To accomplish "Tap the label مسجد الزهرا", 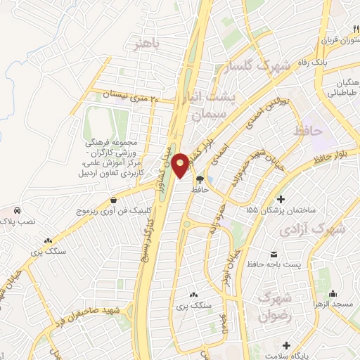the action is [x=336, y=303].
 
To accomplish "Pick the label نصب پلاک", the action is [x=16, y=220].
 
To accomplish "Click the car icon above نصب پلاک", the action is [x=16, y=210].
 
